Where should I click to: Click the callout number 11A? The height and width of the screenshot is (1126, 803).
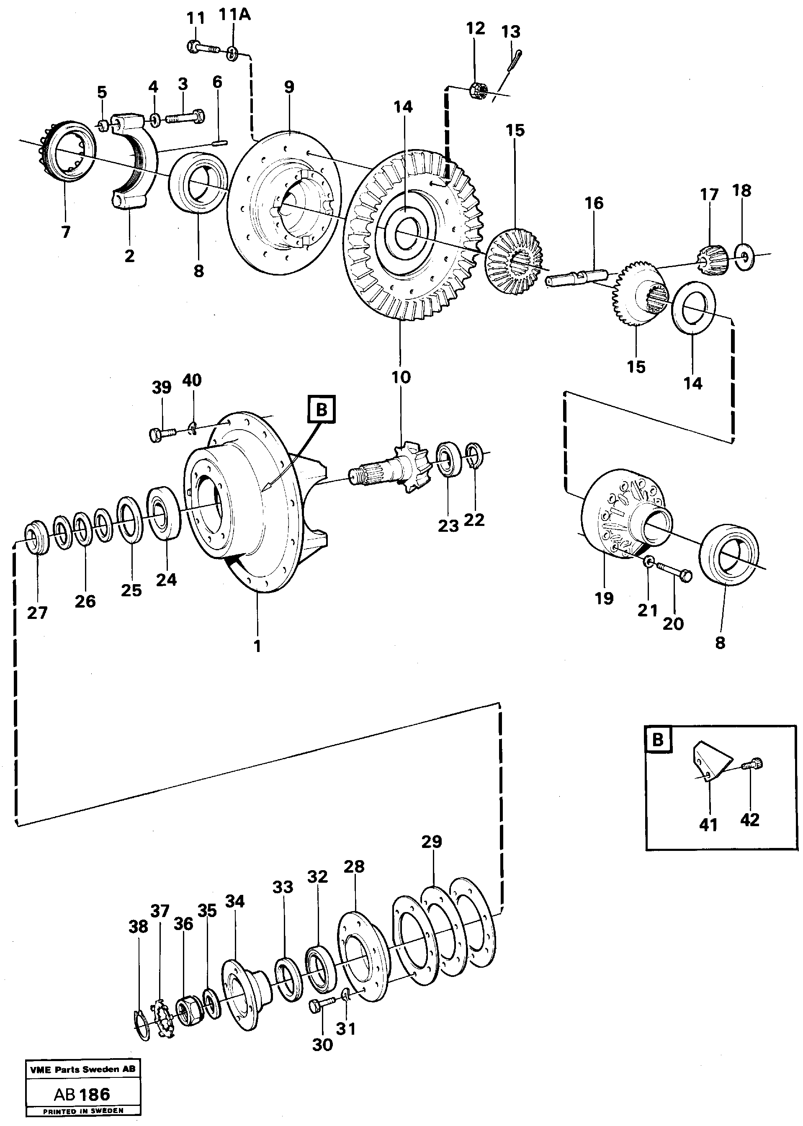(x=234, y=15)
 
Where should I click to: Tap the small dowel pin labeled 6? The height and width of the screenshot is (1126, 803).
(x=219, y=143)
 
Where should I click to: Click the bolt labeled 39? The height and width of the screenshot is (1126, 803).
(x=161, y=434)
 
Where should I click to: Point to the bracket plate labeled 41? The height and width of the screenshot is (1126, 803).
(x=710, y=760)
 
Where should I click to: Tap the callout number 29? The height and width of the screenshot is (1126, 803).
(x=432, y=842)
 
